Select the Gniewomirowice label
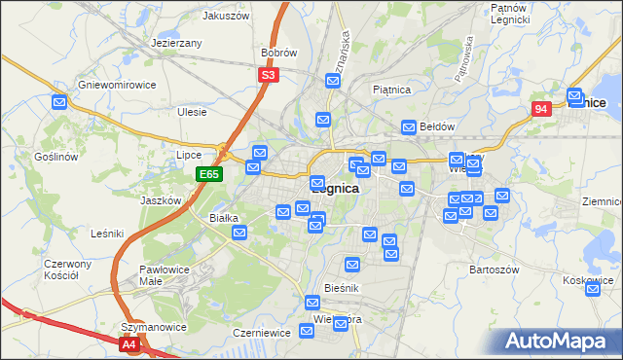[x=117, y=85]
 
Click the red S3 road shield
[x=269, y=74]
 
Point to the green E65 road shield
[x=209, y=174]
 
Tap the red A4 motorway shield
[x=130, y=343]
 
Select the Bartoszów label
[x=491, y=268]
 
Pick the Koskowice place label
[x=587, y=280]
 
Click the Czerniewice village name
[x=257, y=332]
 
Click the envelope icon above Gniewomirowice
[x=59, y=100]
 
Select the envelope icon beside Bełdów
[x=410, y=126]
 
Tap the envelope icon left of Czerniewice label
[x=307, y=332]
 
